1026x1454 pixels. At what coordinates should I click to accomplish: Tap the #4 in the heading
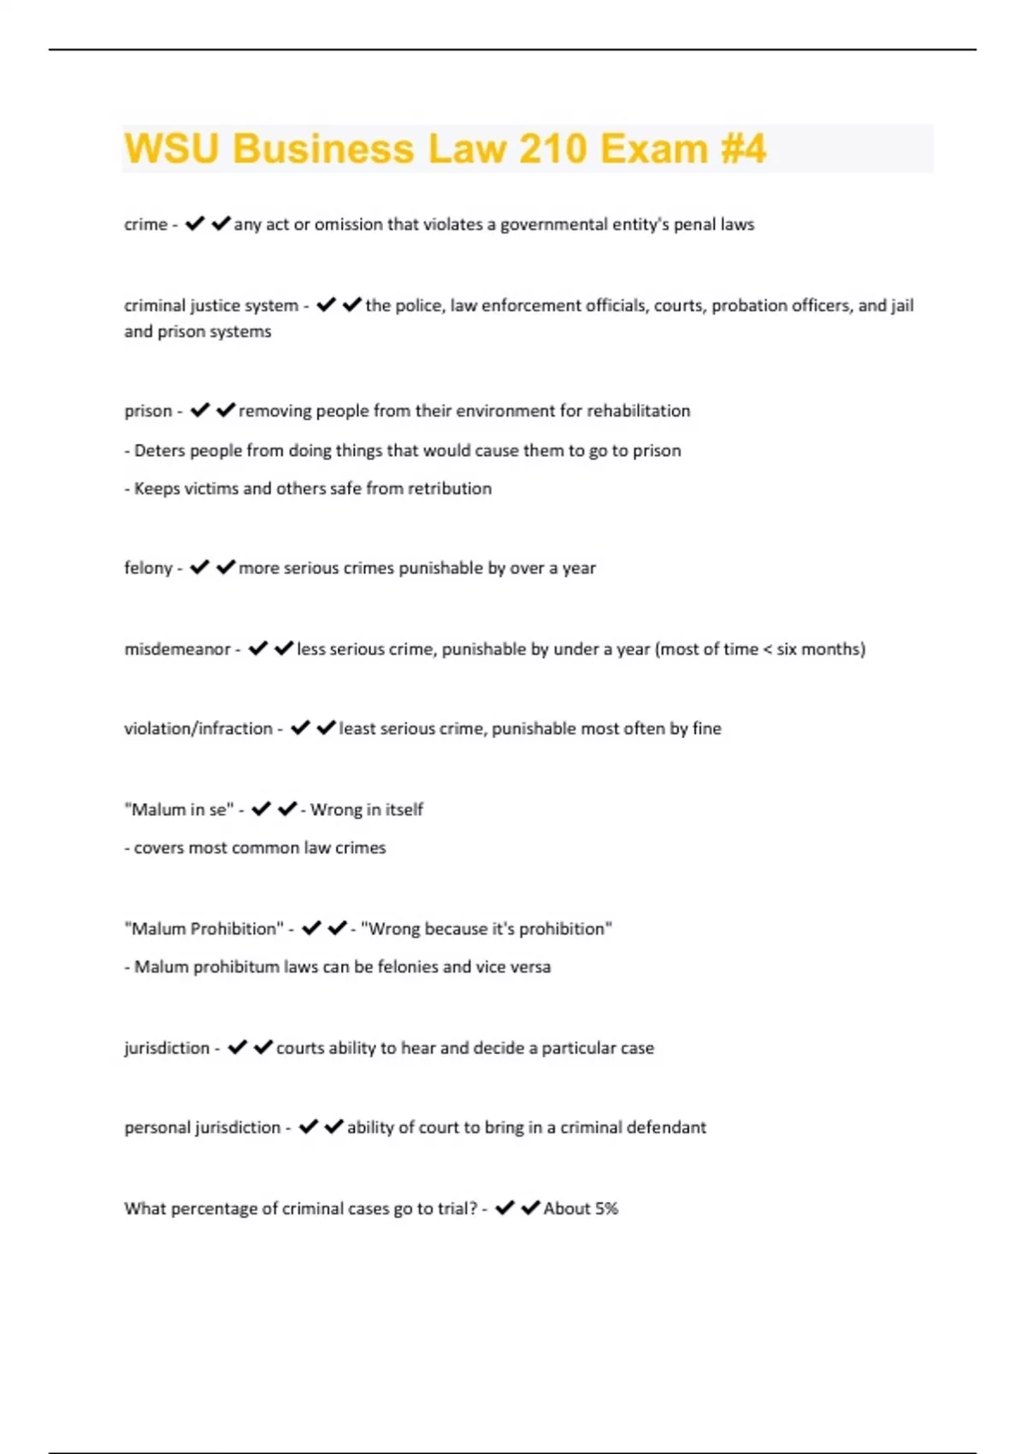743,148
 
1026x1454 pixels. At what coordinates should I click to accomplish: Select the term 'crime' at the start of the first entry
145,225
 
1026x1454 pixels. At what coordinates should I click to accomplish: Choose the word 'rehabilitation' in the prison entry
638,411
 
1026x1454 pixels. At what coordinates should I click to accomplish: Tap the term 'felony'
148,569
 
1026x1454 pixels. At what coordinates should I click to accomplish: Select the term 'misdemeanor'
177,650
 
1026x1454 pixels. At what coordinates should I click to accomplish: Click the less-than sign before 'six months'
767,650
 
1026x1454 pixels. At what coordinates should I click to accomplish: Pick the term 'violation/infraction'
198,729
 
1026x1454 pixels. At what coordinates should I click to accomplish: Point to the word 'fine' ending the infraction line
707,729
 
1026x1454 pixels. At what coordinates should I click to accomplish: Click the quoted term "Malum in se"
179,810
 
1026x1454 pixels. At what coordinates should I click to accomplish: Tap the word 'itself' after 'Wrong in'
404,810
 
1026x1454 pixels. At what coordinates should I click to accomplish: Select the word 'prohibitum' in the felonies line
236,967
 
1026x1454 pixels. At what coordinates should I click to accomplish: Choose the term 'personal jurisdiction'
202,1128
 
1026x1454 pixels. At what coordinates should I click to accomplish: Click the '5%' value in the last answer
606,1209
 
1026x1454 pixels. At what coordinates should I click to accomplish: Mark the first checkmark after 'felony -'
199,568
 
